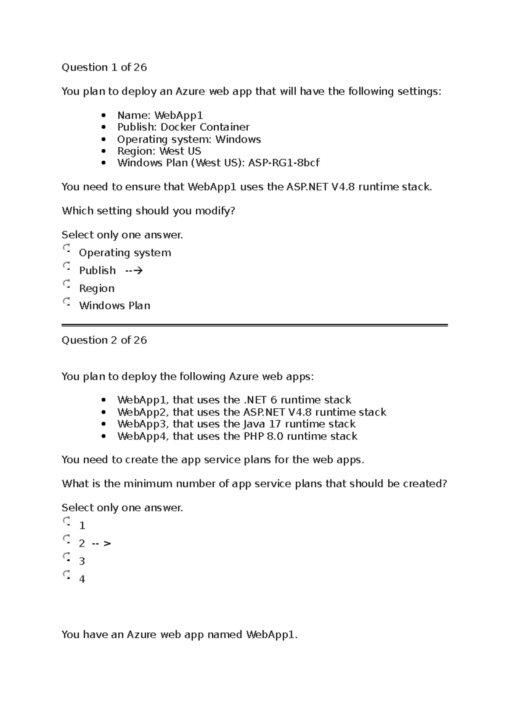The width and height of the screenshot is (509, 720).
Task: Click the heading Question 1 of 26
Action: [x=104, y=67]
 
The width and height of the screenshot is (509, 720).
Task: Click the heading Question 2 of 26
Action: [x=104, y=340]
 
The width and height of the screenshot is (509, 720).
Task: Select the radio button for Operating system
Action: [x=67, y=248]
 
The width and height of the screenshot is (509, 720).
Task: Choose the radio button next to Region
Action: [x=67, y=284]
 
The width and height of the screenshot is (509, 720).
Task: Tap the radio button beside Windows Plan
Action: [x=67, y=302]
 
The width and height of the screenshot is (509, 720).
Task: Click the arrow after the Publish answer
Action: [x=134, y=271]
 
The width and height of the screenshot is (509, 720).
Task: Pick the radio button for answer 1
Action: [x=67, y=522]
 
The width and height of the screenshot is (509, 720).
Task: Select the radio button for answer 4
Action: [x=67, y=575]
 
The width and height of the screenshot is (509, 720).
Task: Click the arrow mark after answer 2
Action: [x=102, y=544]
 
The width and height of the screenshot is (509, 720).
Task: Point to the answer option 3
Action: [x=82, y=561]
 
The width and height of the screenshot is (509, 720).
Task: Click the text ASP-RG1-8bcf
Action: [x=283, y=163]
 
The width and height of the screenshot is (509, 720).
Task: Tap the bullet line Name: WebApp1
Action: [x=160, y=115]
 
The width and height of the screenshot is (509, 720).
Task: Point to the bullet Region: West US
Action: [x=159, y=151]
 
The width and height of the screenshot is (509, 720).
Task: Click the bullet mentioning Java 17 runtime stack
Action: [x=236, y=424]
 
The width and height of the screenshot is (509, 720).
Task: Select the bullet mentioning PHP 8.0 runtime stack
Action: [x=237, y=436]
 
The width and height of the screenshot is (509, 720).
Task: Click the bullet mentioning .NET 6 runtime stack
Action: [x=234, y=400]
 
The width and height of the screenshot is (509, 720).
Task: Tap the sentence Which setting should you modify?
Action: [x=148, y=211]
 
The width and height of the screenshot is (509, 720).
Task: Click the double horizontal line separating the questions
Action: [x=255, y=325]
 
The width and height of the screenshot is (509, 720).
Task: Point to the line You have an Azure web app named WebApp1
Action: [x=179, y=635]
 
